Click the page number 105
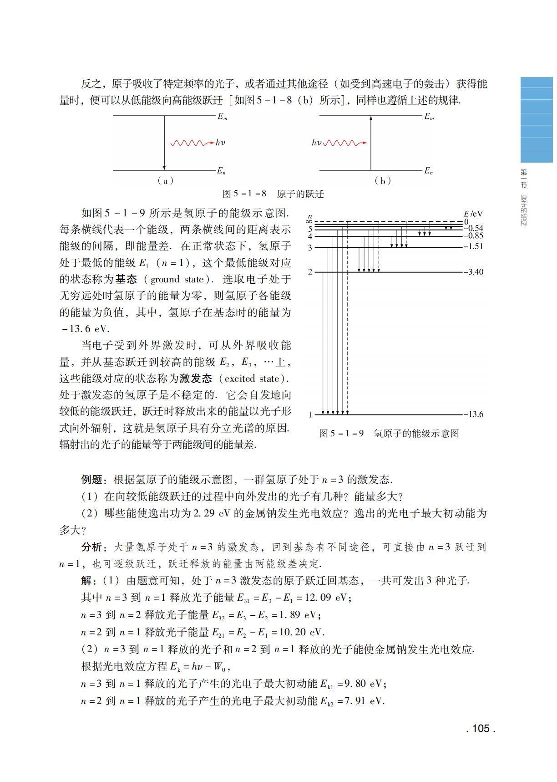tap(481, 728)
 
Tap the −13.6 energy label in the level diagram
tap(473, 414)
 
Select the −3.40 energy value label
tap(473, 272)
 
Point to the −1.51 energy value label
tap(473, 246)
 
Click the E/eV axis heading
tap(473, 214)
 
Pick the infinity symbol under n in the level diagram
tap(309, 222)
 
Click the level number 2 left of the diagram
tap(310, 272)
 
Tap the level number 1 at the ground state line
tap(310, 414)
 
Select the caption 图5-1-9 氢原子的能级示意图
tap(389, 433)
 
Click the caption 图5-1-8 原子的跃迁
tap(273, 194)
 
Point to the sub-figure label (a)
tap(165, 181)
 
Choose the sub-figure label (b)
tap(383, 181)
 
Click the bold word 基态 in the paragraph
tap(126, 279)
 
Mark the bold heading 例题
tap(92, 480)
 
